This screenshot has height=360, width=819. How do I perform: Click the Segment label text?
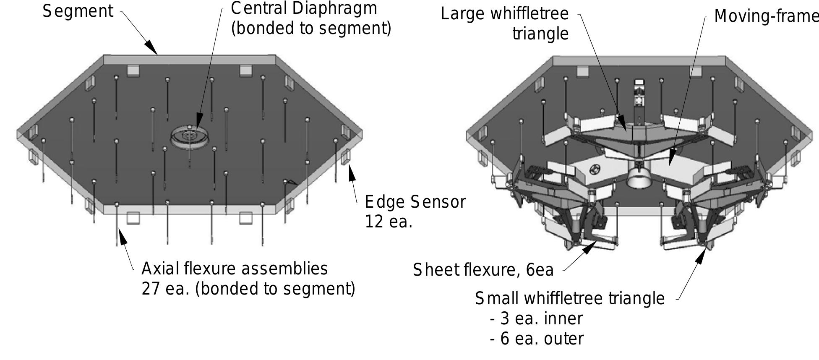pos(78,11)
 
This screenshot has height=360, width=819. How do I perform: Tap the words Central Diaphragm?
pos(304,8)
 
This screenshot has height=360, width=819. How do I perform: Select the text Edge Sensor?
pos(415,202)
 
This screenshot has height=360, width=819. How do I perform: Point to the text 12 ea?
pos(389,222)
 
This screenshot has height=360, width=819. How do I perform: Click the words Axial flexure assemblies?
pos(235,269)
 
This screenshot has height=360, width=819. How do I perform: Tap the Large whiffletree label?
pos(505,14)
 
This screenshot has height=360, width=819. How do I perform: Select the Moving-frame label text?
pos(766,16)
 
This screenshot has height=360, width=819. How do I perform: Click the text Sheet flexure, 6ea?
pos(483,270)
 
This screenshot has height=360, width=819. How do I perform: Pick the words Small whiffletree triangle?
pos(570,299)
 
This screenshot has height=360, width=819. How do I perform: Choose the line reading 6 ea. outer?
pos(537,339)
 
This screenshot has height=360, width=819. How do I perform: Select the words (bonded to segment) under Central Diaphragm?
pos(311,29)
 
